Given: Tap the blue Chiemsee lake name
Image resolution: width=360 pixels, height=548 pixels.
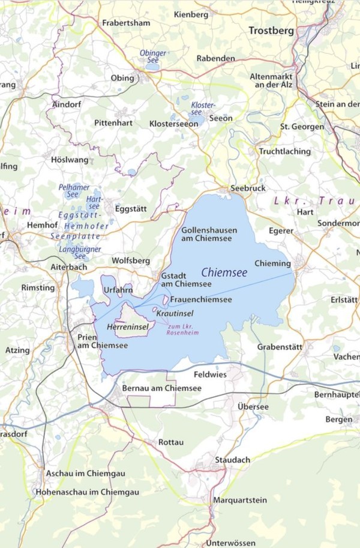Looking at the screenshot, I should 224,272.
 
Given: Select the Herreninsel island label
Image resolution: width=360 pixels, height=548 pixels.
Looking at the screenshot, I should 127,327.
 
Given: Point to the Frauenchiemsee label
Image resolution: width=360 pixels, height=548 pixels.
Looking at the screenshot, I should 200,299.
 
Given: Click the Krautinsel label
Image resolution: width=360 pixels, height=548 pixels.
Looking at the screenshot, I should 174,313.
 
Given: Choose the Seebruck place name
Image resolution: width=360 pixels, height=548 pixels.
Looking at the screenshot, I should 248,188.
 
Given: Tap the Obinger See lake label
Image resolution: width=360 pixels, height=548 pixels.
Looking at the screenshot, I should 153,57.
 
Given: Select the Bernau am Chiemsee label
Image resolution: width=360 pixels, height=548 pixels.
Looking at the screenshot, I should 161,388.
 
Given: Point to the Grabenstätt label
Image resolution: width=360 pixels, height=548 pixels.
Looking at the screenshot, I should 280,347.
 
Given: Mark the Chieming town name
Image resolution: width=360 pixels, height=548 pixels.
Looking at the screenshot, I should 272,263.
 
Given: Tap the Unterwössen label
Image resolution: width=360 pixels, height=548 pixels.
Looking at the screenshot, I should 230,543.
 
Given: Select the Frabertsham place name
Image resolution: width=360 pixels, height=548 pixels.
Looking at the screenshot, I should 127,23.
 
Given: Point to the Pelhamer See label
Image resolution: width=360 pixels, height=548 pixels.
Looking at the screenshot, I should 74,191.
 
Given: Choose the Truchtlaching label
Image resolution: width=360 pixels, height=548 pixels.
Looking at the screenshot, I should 285,151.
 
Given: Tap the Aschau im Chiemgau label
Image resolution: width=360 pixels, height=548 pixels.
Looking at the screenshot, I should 85,474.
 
